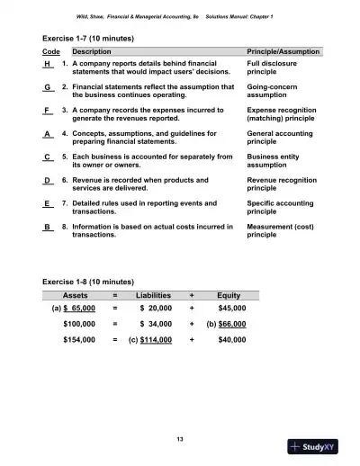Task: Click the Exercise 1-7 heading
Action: [x=88, y=40]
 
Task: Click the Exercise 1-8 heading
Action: [x=88, y=280]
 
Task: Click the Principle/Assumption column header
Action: [x=283, y=52]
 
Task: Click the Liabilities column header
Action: [x=153, y=294]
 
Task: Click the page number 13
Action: [x=180, y=438]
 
